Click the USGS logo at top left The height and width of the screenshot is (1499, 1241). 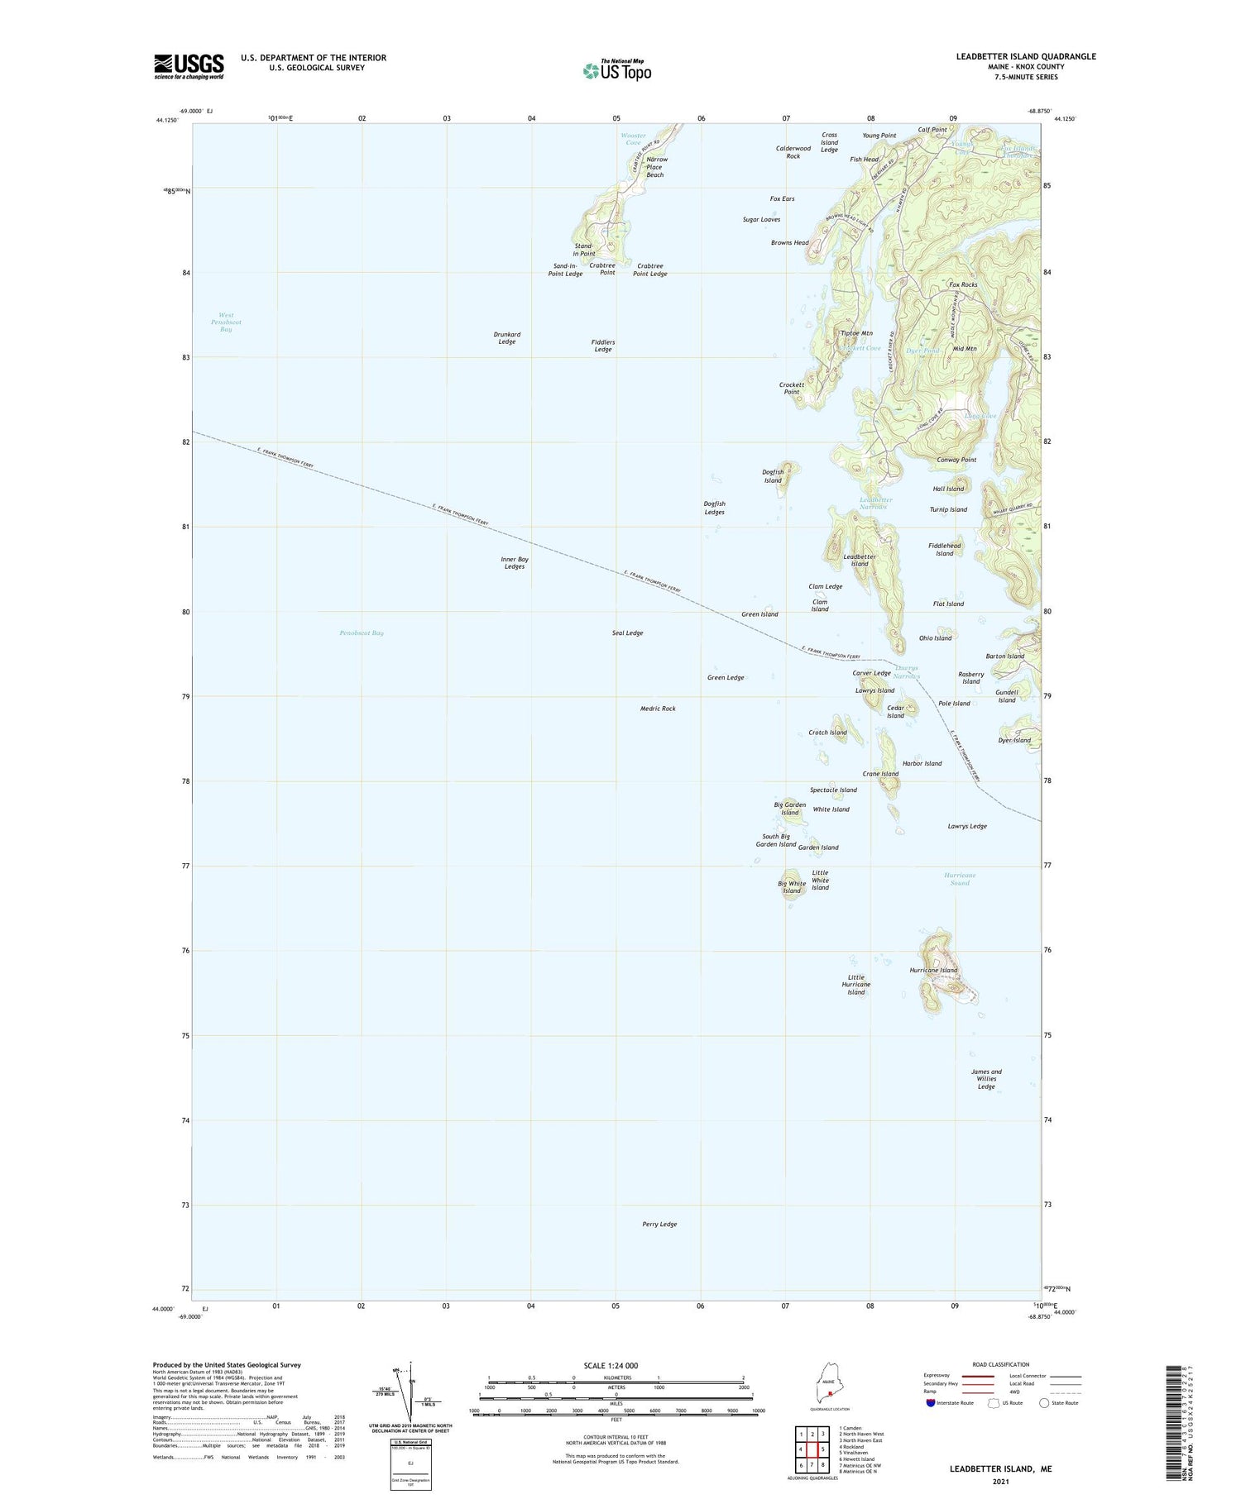click(x=189, y=66)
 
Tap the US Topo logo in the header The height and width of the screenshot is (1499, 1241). click(x=617, y=71)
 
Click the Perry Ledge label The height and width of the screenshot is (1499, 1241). click(x=659, y=1225)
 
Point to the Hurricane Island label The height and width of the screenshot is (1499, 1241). click(x=933, y=971)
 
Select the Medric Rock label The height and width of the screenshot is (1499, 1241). click(x=658, y=709)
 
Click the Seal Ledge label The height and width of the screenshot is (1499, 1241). click(x=627, y=633)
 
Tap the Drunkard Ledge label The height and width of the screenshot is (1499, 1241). click(x=507, y=338)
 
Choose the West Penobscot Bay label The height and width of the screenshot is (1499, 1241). click(x=226, y=322)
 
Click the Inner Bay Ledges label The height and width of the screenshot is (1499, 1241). click(x=514, y=563)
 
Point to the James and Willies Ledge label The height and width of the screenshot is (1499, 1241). click(x=986, y=1079)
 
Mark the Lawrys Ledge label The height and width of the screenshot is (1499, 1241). click(x=967, y=826)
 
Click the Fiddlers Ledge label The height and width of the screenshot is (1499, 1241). click(x=603, y=346)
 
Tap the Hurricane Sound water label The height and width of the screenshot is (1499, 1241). click(x=960, y=879)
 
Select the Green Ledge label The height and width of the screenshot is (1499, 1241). click(x=726, y=678)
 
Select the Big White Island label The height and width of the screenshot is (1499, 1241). click(x=792, y=887)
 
